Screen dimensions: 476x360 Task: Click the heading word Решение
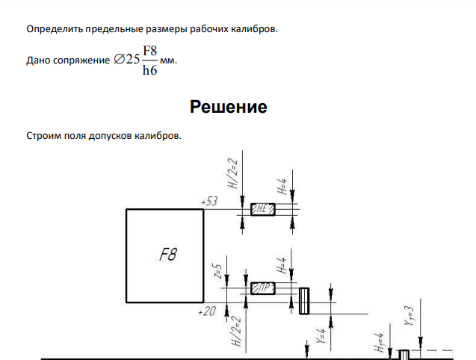pyautogui.click(x=229, y=107)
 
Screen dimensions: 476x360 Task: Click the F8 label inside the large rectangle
pyautogui.click(x=168, y=255)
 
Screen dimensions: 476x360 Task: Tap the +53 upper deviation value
pyautogui.click(x=209, y=201)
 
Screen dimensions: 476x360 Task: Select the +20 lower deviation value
pyautogui.click(x=207, y=311)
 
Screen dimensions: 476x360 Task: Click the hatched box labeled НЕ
pyautogui.click(x=263, y=209)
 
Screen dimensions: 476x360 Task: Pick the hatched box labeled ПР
pyautogui.click(x=263, y=288)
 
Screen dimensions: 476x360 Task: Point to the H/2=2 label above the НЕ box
pyautogui.click(x=232, y=173)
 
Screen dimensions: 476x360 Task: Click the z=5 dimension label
pyautogui.click(x=218, y=271)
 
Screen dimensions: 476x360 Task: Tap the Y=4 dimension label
pyautogui.click(x=321, y=336)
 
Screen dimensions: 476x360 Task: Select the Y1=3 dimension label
pyautogui.click(x=409, y=316)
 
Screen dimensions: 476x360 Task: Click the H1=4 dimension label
pyautogui.click(x=380, y=342)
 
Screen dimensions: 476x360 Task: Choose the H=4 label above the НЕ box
pyautogui.click(x=282, y=187)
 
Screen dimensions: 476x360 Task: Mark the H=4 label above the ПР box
pyautogui.click(x=282, y=265)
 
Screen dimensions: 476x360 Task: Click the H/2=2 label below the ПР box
pyautogui.click(x=236, y=331)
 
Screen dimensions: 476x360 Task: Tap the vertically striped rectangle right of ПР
pyautogui.click(x=304, y=301)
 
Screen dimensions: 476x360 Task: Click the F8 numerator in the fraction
pyautogui.click(x=150, y=51)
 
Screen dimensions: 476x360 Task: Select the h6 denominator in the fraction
pyautogui.click(x=150, y=70)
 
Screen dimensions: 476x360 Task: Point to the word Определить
pyautogui.click(x=55, y=29)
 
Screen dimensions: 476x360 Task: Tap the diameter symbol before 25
pyautogui.click(x=120, y=59)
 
